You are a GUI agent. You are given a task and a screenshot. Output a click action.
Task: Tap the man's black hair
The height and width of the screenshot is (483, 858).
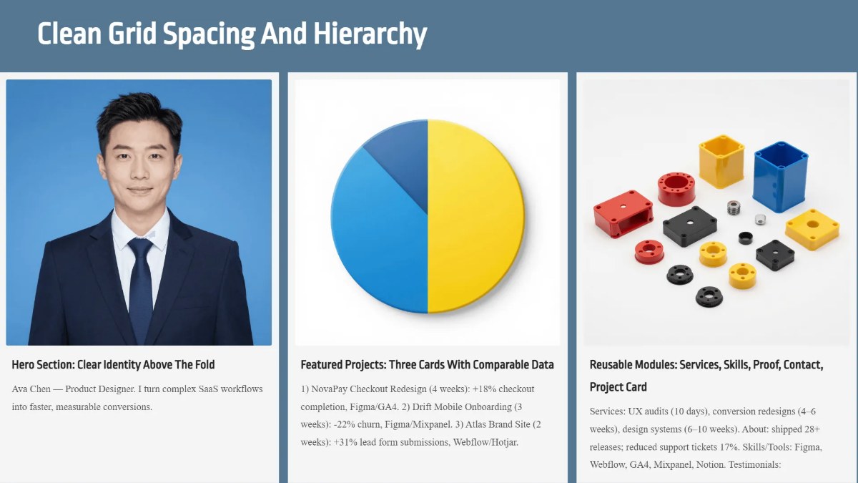(136, 114)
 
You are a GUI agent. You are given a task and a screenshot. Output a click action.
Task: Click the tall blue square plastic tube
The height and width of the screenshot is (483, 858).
(779, 175)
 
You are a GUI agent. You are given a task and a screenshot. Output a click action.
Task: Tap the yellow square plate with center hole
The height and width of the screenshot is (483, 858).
(812, 228)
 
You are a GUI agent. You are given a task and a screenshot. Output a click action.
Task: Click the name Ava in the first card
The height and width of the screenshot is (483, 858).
(22, 389)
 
